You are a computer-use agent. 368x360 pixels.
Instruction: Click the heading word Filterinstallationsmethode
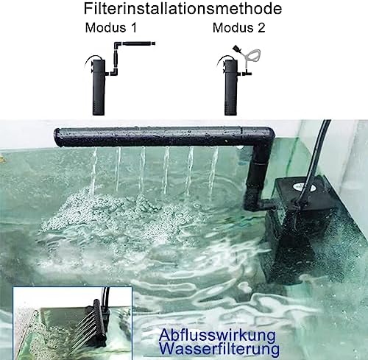coord(184,10)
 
